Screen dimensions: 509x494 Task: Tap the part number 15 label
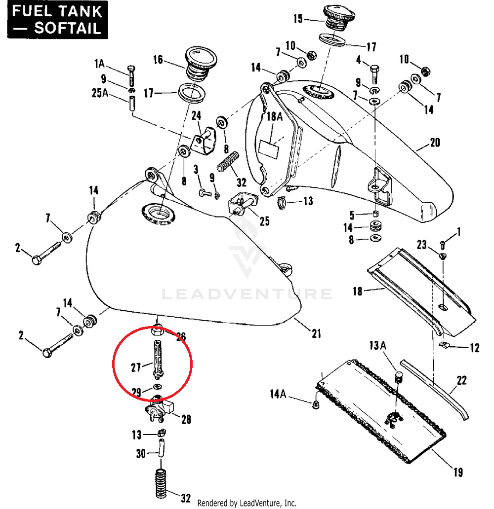click(x=298, y=19)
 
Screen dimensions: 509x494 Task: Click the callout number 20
click(x=434, y=143)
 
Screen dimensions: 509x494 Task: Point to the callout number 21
click(x=316, y=334)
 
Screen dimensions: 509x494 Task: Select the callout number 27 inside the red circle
click(x=136, y=367)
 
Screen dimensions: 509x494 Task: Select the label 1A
click(x=99, y=64)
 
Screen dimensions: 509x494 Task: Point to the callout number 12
click(x=474, y=348)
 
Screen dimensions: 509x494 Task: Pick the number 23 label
click(x=421, y=244)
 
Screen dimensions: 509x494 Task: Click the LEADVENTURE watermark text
click(x=247, y=294)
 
